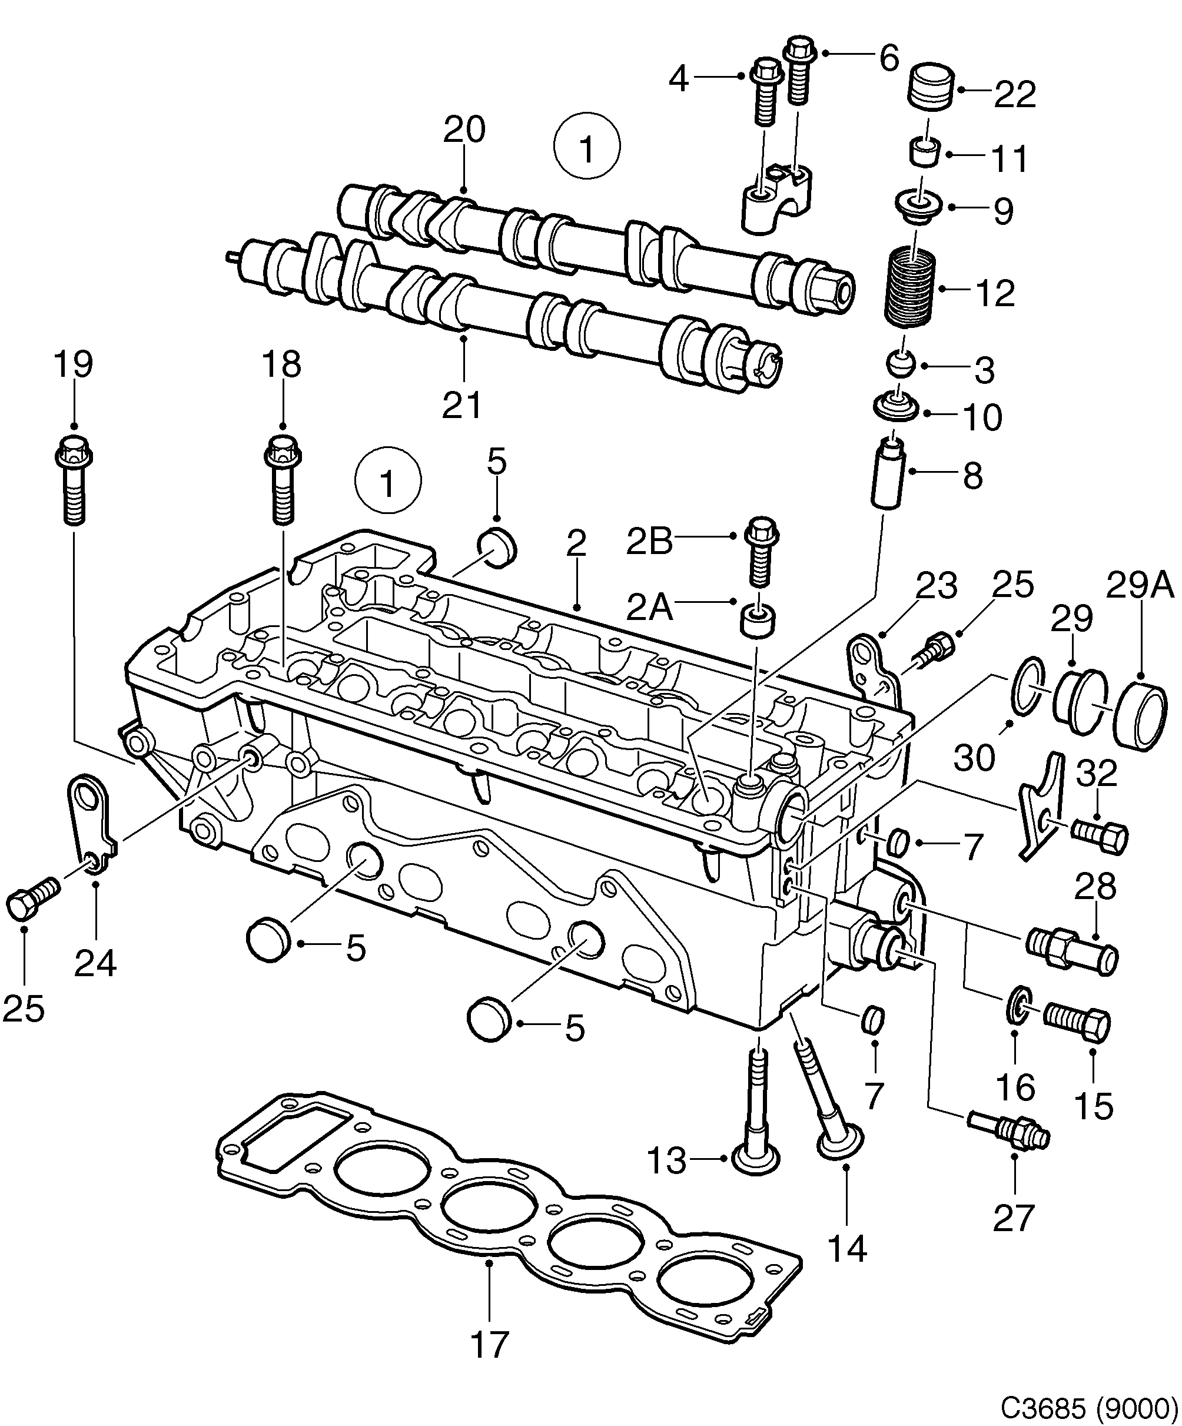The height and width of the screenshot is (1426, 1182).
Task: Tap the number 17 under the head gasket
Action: coord(489,1344)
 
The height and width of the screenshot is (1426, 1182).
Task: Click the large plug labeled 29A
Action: coord(1143,717)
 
